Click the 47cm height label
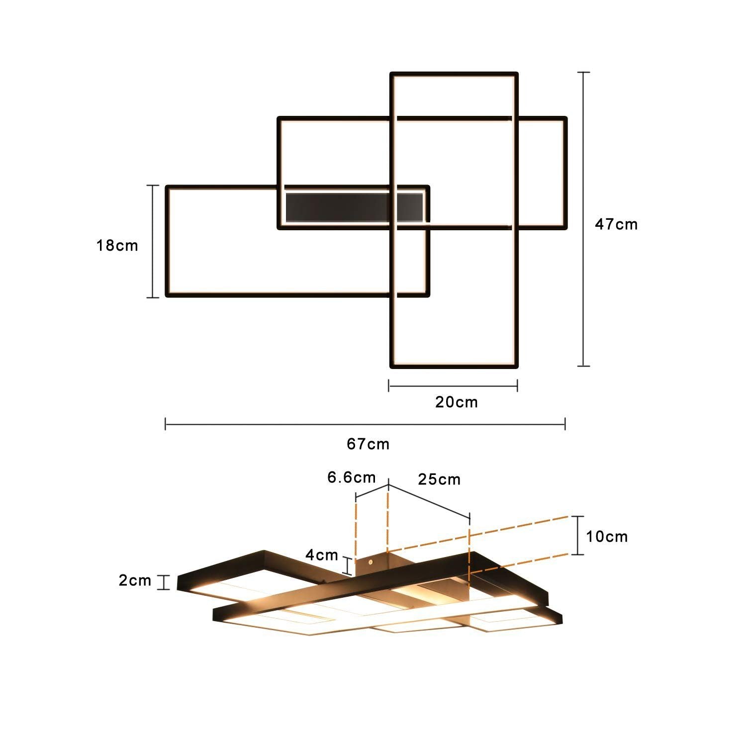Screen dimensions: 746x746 (616, 224)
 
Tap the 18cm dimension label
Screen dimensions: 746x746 (117, 245)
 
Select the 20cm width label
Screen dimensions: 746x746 (456, 402)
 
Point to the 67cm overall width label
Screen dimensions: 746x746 (368, 444)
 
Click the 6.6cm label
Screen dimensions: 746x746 (351, 477)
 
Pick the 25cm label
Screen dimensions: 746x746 (439, 479)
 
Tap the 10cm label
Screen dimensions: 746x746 (606, 537)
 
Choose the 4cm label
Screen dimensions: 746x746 (321, 555)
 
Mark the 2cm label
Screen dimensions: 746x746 (135, 580)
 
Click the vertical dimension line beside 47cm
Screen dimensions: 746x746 (583, 219)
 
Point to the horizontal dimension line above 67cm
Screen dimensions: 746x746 (365, 424)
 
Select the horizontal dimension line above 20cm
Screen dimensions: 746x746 (453, 385)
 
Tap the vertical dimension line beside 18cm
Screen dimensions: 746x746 (153, 241)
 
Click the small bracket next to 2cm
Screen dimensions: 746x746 (163, 582)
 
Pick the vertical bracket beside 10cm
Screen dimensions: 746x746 (577, 535)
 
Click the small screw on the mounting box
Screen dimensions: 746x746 (371, 561)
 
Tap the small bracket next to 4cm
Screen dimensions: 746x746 (349, 566)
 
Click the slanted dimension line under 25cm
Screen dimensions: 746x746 (429, 501)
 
